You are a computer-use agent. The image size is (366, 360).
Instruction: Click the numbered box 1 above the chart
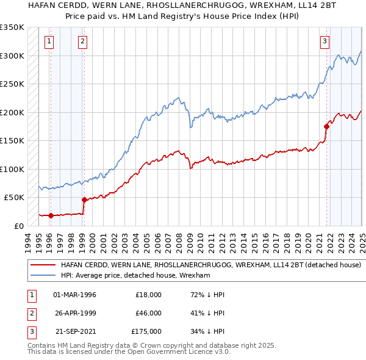pyautogui.click(x=49, y=41)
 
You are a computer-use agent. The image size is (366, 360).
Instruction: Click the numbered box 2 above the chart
pyautogui.click(x=82, y=41)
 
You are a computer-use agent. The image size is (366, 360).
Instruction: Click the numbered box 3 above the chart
pyautogui.click(x=325, y=41)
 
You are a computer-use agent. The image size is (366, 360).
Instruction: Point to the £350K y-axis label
pyautogui.click(x=12, y=27)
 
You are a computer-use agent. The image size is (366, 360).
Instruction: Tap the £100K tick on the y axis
pyautogui.click(x=12, y=169)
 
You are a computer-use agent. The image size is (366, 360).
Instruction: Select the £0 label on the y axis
pyautogui.click(x=18, y=226)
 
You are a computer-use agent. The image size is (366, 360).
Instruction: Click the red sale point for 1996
pyautogui.click(x=51, y=215)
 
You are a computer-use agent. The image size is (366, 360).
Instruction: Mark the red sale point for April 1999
pyautogui.click(x=84, y=200)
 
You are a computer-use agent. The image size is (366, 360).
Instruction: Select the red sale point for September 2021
pyautogui.click(x=326, y=126)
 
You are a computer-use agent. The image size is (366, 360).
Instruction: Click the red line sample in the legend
pyautogui.click(x=42, y=265)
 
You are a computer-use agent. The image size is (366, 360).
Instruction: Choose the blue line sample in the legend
pyautogui.click(x=42, y=276)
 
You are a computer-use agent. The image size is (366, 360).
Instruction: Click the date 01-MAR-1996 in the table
pyautogui.click(x=74, y=295)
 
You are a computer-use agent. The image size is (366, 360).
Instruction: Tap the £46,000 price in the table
pyautogui.click(x=148, y=313)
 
